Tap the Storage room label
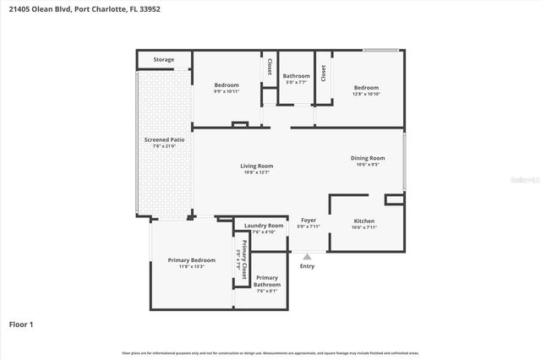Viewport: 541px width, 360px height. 163,60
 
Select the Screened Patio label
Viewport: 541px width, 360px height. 164,139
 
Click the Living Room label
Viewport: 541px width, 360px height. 256,166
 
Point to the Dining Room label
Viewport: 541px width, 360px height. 368,158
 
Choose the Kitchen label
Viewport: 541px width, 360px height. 364,221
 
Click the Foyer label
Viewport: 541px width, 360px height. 309,221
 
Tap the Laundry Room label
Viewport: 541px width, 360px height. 264,226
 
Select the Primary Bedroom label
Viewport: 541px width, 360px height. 191,260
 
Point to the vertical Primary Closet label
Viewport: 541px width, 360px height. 244,260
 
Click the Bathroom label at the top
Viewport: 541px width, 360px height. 296,76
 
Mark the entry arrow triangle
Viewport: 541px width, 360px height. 307,256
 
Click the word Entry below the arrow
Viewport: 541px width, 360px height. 307,266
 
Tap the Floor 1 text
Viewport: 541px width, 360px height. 20,324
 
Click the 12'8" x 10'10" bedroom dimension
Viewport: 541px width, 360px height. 366,94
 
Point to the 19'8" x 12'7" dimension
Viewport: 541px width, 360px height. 256,172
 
